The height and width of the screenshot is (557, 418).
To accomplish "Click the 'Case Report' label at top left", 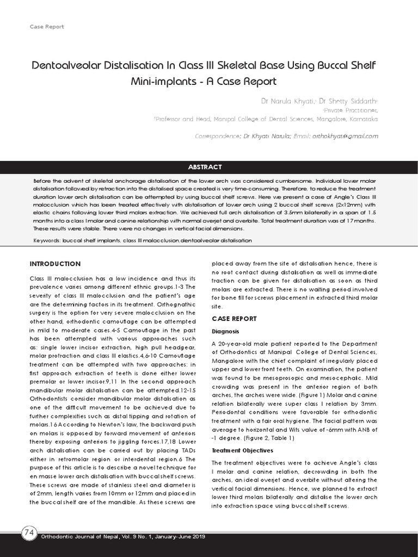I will point(46,26).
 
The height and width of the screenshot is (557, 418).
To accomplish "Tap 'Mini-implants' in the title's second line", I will point(161,82).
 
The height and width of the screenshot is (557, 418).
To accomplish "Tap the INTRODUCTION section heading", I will point(55,264).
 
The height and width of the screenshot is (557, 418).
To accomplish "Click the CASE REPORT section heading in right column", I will point(234,319).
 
